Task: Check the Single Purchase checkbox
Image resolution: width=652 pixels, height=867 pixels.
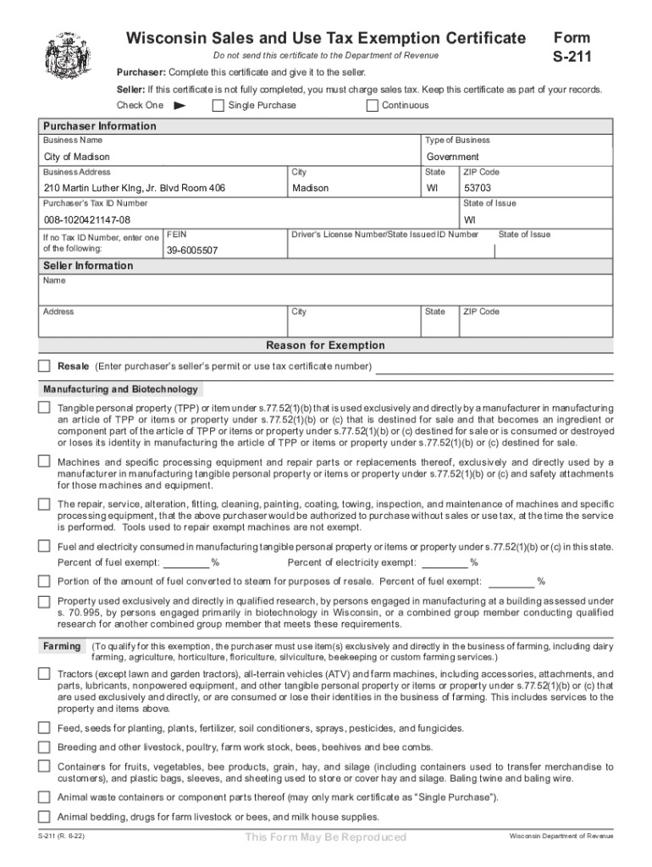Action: pyautogui.click(x=218, y=106)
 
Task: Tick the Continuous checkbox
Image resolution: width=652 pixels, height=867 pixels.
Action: pyautogui.click(x=373, y=106)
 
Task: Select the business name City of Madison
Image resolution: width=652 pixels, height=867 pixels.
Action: pyautogui.click(x=77, y=157)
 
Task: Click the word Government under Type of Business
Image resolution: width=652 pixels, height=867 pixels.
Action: pyautogui.click(x=452, y=157)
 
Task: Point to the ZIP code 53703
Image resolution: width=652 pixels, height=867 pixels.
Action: pyautogui.click(x=478, y=188)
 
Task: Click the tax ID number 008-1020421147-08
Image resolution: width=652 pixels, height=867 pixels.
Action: pyautogui.click(x=88, y=219)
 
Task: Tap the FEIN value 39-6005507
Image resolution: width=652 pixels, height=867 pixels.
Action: pyautogui.click(x=192, y=251)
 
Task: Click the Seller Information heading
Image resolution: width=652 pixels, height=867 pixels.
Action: pyautogui.click(x=88, y=266)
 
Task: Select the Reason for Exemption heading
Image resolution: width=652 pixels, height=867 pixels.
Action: pyautogui.click(x=325, y=345)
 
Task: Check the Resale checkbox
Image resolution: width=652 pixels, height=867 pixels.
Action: pyautogui.click(x=44, y=367)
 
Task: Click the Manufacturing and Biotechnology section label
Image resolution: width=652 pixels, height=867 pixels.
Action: pyautogui.click(x=121, y=389)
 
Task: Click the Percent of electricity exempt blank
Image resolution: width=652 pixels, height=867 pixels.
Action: pyautogui.click(x=445, y=563)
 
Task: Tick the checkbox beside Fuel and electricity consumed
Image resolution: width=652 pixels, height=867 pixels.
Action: pyautogui.click(x=44, y=545)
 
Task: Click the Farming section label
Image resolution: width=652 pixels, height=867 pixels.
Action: pyautogui.click(x=62, y=647)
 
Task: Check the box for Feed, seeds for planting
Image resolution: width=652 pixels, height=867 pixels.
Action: pyautogui.click(x=44, y=728)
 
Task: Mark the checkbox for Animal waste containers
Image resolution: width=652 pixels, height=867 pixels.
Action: pyautogui.click(x=44, y=798)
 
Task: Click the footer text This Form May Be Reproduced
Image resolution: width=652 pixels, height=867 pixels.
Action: pyautogui.click(x=325, y=837)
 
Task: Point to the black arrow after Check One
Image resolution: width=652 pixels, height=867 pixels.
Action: pyautogui.click(x=179, y=106)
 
